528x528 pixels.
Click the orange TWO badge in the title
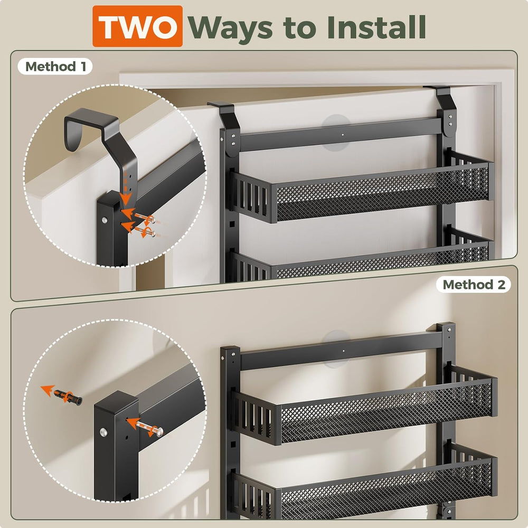pyautogui.click(x=137, y=26)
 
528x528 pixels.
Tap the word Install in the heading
pyautogui.click(x=376, y=27)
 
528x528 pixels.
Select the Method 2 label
pyautogui.click(x=474, y=285)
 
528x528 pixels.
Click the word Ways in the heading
pyautogui.click(x=230, y=29)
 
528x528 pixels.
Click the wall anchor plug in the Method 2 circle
pyautogui.click(x=68, y=397)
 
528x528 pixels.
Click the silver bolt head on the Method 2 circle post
pyautogui.click(x=103, y=432)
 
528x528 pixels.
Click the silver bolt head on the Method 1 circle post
pyautogui.click(x=105, y=220)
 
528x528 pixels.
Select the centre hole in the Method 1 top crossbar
pyautogui.click(x=343, y=134)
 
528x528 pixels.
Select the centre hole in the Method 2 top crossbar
pyautogui.click(x=344, y=351)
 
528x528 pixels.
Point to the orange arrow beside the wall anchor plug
pyautogui.click(x=48, y=390)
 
